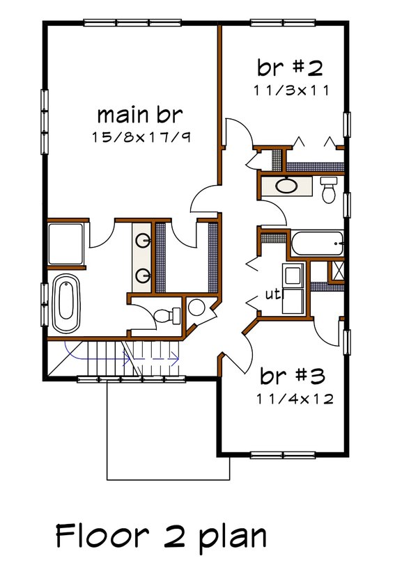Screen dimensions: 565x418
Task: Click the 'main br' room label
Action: point(144,113)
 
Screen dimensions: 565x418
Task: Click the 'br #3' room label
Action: point(293,376)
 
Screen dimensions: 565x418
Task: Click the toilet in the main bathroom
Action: point(163,315)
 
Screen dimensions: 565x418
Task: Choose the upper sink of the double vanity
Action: point(144,241)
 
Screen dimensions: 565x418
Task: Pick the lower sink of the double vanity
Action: point(144,275)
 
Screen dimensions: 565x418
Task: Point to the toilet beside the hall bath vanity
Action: point(330,188)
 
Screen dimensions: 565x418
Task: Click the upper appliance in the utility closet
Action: point(292,274)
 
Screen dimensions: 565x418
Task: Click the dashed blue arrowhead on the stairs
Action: point(174,358)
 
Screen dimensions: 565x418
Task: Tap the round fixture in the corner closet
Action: point(196,307)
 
